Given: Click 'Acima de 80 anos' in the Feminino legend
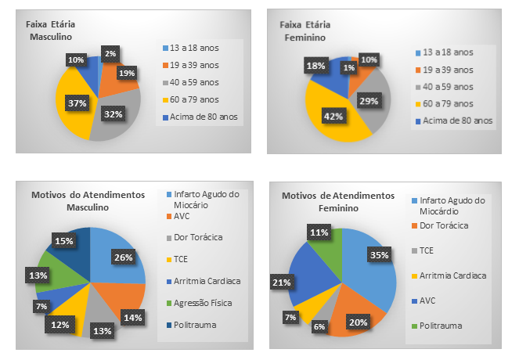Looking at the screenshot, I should click(460, 121).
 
